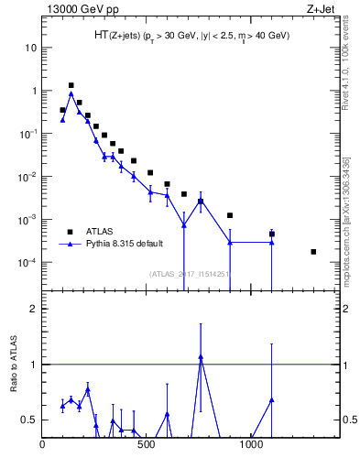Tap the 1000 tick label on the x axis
point(252,446)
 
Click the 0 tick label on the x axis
point(42,446)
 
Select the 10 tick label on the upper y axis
point(30,48)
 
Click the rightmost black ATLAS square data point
point(313,252)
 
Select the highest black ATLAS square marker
point(71,85)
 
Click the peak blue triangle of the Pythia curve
point(71,93)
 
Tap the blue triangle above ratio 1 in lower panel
point(201,357)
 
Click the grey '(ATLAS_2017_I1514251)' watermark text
point(189,273)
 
